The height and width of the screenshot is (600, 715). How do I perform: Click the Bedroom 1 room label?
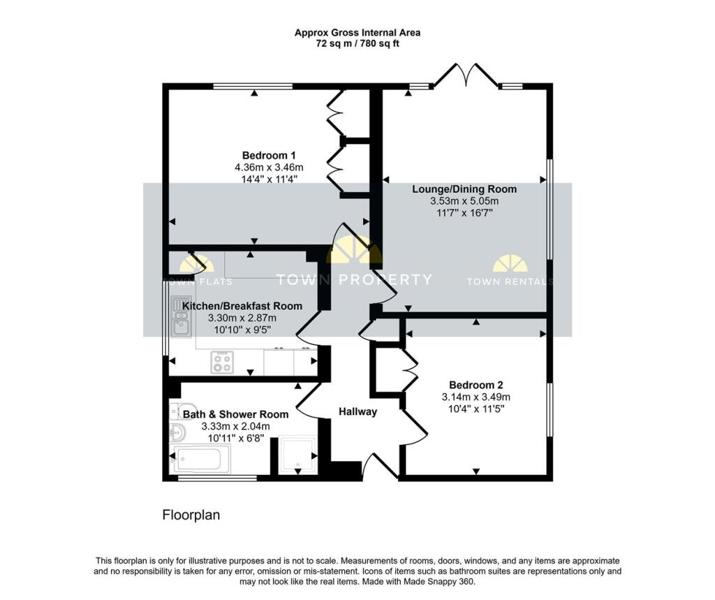[x=265, y=156]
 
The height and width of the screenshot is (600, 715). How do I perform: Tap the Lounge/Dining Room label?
[x=464, y=189]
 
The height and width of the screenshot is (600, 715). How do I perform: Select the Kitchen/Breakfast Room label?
[x=242, y=306]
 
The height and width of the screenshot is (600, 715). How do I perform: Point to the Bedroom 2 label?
[x=476, y=385]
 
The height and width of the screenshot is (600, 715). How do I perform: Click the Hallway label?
[x=358, y=411]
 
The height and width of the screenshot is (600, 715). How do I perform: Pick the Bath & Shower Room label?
[x=236, y=414]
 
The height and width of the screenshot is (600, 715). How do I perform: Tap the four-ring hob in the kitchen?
[x=222, y=363]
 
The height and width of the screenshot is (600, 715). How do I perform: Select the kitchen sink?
[x=182, y=316]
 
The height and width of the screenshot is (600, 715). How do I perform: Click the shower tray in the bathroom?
[x=297, y=455]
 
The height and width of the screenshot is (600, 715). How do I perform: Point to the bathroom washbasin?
[x=178, y=431]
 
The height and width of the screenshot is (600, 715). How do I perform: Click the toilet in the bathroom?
[x=182, y=411]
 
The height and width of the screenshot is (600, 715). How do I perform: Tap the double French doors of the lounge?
[x=466, y=74]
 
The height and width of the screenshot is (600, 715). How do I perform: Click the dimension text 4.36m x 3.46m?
[x=269, y=168]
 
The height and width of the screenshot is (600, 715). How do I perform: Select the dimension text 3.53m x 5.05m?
[x=464, y=200]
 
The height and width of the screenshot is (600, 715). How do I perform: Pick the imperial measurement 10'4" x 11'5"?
[x=476, y=409]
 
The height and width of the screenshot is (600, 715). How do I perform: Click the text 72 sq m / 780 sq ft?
[x=357, y=44]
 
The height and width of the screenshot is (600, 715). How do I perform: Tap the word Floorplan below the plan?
[x=191, y=515]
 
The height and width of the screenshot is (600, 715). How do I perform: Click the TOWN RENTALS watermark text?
[x=510, y=281]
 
